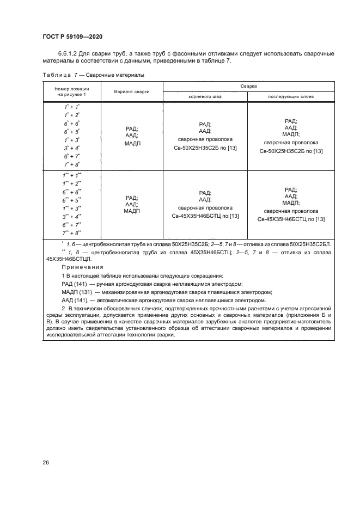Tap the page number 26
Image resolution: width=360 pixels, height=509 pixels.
pos(46,462)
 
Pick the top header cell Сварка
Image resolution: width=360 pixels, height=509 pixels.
pos(248,86)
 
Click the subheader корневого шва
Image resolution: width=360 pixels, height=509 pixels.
pos(205,96)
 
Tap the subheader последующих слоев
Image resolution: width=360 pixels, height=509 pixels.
pos(291,96)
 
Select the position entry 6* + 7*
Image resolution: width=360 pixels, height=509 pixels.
pos(72,156)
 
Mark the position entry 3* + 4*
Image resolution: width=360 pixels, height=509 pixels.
pos(72,148)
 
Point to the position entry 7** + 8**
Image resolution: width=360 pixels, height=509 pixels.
pos(72,232)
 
